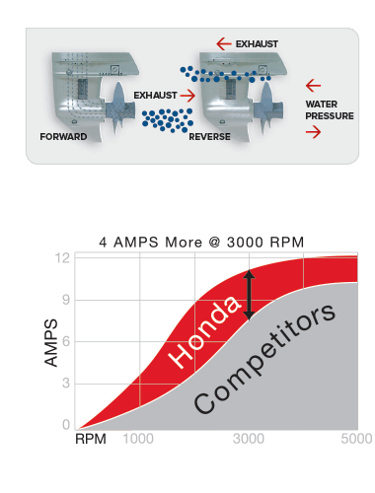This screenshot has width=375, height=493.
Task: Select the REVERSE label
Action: (x=208, y=137)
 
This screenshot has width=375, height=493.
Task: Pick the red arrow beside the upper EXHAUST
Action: (x=223, y=44)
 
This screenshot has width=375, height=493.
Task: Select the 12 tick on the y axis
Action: (x=65, y=258)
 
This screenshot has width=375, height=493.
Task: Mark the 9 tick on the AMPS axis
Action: (x=66, y=300)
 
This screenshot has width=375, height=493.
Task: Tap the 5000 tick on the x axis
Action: (x=355, y=439)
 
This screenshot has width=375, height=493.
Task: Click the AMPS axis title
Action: (x=50, y=343)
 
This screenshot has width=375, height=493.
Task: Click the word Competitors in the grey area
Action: (x=264, y=362)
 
